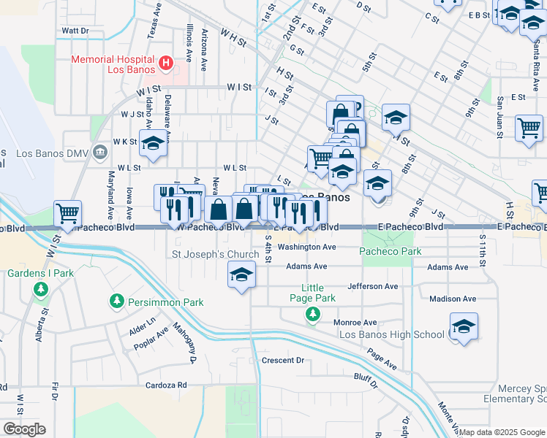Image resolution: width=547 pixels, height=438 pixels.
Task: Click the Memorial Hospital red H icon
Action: (x=166, y=64)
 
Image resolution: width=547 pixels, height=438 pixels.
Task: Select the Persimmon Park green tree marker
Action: (x=116, y=301)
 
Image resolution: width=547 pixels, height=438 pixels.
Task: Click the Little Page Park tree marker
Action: (x=313, y=314)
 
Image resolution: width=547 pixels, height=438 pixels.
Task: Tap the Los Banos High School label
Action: (x=391, y=334)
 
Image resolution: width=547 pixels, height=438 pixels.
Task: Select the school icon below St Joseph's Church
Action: (x=241, y=275)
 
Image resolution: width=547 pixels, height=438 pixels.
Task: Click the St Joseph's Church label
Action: (x=215, y=255)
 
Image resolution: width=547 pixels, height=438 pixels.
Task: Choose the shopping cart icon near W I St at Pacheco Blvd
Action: (x=67, y=214)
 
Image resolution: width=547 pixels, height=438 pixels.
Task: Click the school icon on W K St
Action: (x=154, y=144)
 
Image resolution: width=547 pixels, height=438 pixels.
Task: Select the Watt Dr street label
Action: (x=75, y=31)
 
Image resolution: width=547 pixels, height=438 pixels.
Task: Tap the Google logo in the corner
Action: (x=23, y=429)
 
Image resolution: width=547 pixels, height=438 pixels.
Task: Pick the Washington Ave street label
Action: (x=311, y=247)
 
